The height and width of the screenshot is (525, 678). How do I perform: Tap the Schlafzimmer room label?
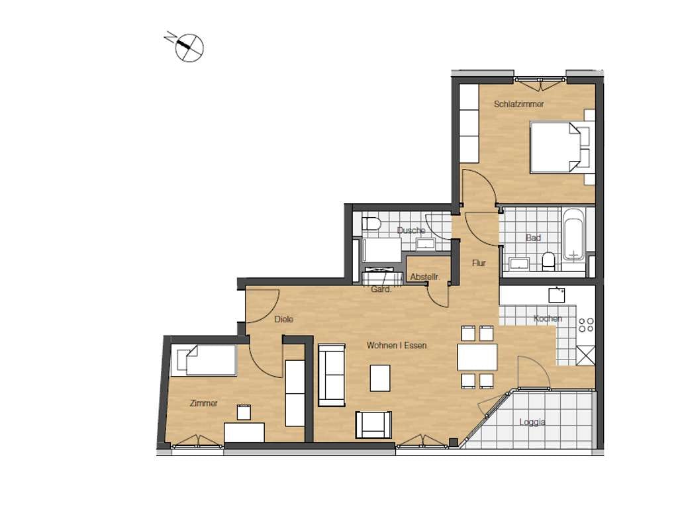pyautogui.click(x=519, y=104)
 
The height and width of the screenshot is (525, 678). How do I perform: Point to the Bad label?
pyautogui.click(x=533, y=238)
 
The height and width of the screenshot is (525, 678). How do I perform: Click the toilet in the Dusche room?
pyautogui.click(x=371, y=224)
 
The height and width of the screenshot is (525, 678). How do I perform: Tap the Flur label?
pyautogui.click(x=479, y=263)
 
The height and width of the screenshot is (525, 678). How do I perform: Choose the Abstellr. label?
pyautogui.click(x=424, y=277)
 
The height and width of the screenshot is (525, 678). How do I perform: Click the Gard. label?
pyautogui.click(x=381, y=289)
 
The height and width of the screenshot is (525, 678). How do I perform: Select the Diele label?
pyautogui.click(x=283, y=319)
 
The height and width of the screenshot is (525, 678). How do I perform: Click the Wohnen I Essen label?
pyautogui.click(x=397, y=346)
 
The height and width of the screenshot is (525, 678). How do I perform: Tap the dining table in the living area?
pyautogui.click(x=477, y=357)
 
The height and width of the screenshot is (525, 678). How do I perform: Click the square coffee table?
pyautogui.click(x=380, y=378)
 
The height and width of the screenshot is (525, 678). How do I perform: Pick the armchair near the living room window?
pyautogui.click(x=373, y=424)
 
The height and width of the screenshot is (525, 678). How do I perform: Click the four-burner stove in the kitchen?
pyautogui.click(x=586, y=325)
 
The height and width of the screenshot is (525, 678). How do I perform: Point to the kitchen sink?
pyautogui.click(x=556, y=295)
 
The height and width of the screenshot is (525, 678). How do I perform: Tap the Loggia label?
pyautogui.click(x=532, y=422)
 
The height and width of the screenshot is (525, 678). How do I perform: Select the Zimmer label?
pyautogui.click(x=204, y=403)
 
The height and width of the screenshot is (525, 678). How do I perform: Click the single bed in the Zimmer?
pyautogui.click(x=204, y=359)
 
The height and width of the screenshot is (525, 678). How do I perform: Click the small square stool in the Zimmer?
pyautogui.click(x=244, y=412)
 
